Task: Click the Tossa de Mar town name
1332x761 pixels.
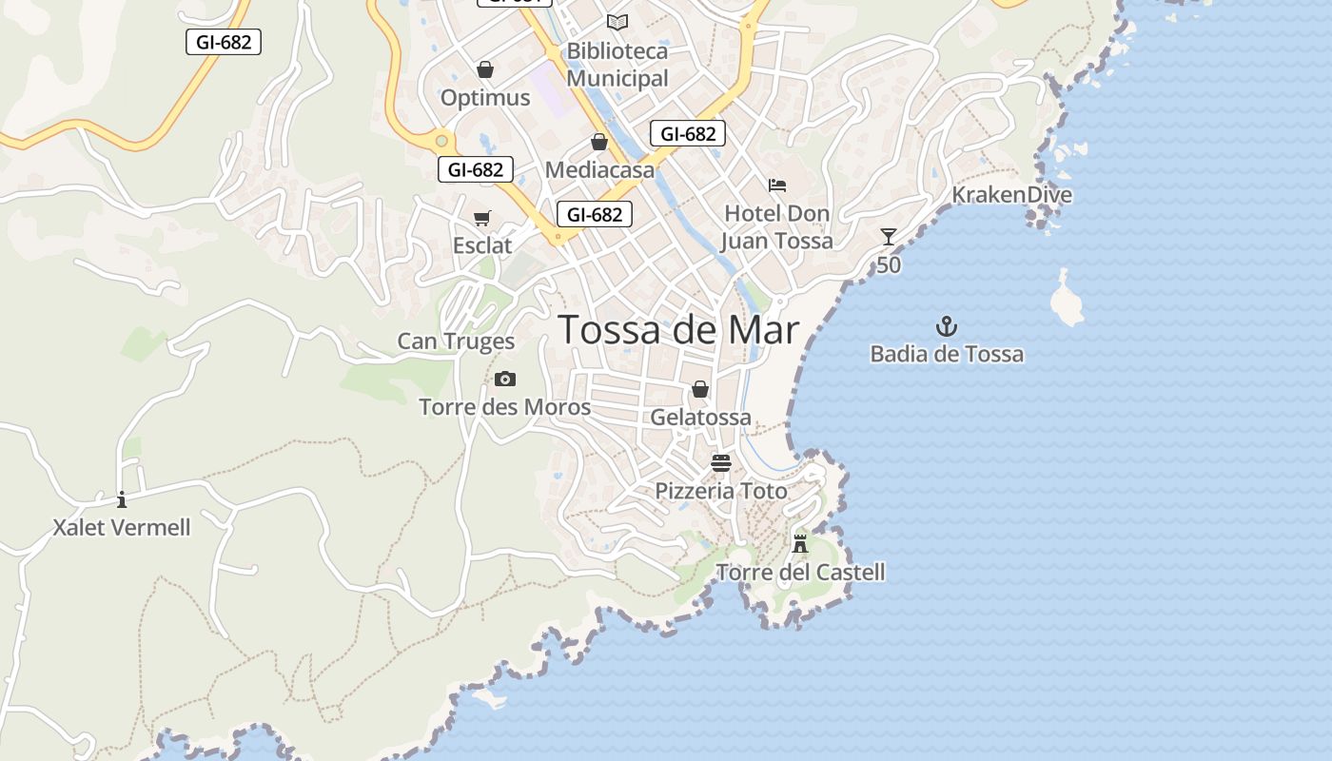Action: pyautogui.click(x=677, y=330)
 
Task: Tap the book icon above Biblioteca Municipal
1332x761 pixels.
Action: pyautogui.click(x=617, y=22)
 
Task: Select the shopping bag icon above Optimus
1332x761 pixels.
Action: pyautogui.click(x=485, y=69)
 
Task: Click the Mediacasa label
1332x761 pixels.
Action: pyautogui.click(x=599, y=170)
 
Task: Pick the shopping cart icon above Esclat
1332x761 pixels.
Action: pyautogui.click(x=482, y=218)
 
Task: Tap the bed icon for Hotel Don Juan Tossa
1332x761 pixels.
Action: pyautogui.click(x=777, y=185)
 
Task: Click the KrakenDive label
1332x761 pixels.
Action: pyautogui.click(x=1012, y=195)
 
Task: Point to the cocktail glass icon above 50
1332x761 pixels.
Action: pyautogui.click(x=888, y=236)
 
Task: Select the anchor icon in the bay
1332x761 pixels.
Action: pyautogui.click(x=946, y=327)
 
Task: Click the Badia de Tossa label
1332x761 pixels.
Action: pyautogui.click(x=947, y=355)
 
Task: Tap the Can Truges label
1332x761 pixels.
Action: pyautogui.click(x=456, y=341)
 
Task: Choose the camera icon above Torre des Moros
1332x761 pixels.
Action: pyautogui.click(x=505, y=380)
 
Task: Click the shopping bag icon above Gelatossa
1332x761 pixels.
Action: pyautogui.click(x=700, y=389)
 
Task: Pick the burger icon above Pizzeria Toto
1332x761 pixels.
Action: pyautogui.click(x=721, y=463)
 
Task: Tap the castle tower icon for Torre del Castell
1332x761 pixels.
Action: pyautogui.click(x=800, y=543)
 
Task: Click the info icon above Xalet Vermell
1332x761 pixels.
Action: pyautogui.click(x=122, y=499)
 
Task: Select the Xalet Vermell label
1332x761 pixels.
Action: pyautogui.click(x=122, y=528)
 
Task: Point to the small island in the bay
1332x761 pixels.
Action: pyautogui.click(x=1066, y=299)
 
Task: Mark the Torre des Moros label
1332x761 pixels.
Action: pyautogui.click(x=504, y=408)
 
